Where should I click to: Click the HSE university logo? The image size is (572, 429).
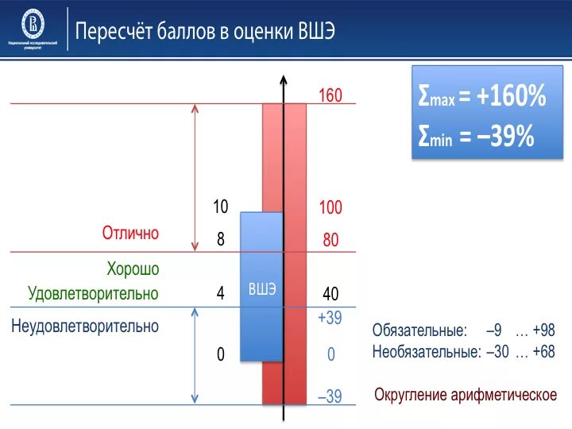click(x=33, y=24)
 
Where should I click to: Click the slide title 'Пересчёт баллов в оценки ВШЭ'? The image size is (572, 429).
click(x=205, y=33)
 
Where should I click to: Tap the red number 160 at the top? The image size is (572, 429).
click(x=330, y=96)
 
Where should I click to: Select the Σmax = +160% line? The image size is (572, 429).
click(x=481, y=97)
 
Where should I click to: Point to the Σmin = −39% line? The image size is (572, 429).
click(x=475, y=137)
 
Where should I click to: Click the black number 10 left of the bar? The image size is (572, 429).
click(x=220, y=207)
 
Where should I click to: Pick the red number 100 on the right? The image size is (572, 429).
click(x=330, y=208)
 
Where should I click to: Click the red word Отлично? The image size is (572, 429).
click(x=130, y=234)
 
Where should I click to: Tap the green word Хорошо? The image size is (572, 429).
click(x=133, y=269)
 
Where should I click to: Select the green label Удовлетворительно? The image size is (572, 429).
click(x=93, y=294)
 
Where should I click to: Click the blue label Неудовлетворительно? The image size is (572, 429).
click(x=85, y=326)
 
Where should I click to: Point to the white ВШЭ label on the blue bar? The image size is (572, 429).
click(x=262, y=289)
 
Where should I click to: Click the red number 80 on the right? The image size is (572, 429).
click(x=330, y=239)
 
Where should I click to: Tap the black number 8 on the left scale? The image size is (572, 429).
click(x=221, y=239)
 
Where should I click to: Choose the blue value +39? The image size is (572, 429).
click(x=329, y=318)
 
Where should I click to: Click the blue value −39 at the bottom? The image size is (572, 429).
click(x=329, y=396)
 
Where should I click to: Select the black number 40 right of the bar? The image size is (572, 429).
click(x=330, y=294)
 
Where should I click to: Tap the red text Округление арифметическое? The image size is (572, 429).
click(x=465, y=395)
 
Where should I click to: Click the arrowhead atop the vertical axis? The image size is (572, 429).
click(x=284, y=80)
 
